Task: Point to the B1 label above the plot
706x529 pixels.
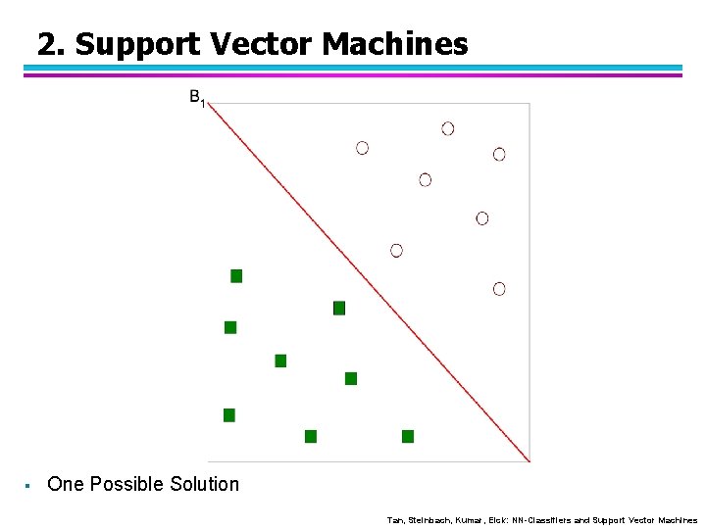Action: pos(197,98)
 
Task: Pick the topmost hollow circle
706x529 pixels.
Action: pos(448,128)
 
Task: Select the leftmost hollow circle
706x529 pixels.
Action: pos(363,148)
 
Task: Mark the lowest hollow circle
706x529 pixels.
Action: pos(499,289)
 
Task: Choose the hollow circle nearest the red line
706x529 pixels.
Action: pos(396,251)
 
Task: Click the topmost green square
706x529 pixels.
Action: pos(236,276)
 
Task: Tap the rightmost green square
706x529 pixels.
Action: pos(408,436)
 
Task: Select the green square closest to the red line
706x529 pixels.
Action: pos(339,308)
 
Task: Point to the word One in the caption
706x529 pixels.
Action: pos(66,484)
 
